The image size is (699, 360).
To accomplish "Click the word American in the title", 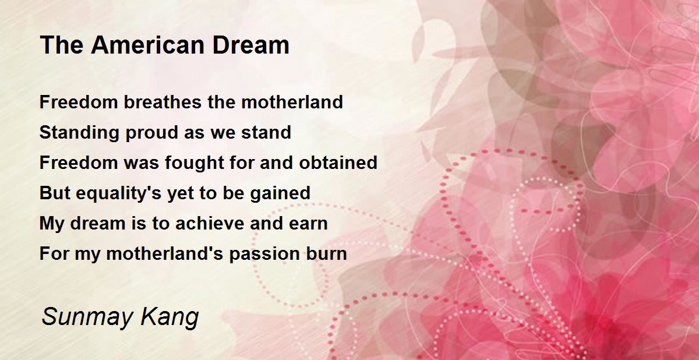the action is point(148,45).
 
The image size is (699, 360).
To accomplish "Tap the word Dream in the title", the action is point(251,45).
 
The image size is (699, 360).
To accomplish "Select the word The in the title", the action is point(62,45).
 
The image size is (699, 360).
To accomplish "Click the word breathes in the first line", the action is point(163,102).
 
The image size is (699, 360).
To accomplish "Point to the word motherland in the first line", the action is point(292,102).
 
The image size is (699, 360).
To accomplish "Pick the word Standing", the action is point(79,133).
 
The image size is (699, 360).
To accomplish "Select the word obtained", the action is point(338,163).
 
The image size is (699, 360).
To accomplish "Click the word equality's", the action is point(118,193).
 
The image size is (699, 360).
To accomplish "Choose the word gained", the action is point(280,193).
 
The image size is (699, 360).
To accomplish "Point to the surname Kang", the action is point(170,317).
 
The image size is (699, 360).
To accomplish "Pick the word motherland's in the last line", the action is point(165,253).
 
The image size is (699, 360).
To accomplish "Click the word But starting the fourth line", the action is point(55,193).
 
